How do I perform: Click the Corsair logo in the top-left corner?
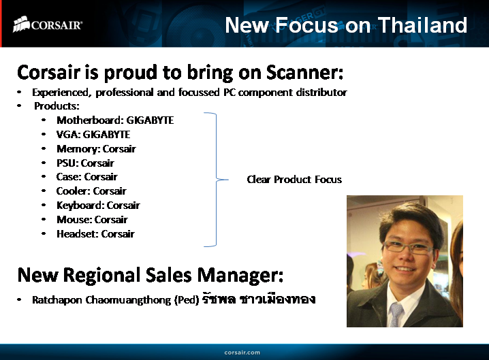point(48,25)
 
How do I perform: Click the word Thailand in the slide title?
point(422,25)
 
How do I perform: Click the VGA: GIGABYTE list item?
point(93,135)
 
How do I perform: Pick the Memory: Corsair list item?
point(96,149)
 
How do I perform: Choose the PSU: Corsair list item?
point(85,163)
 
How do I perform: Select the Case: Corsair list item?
point(86,177)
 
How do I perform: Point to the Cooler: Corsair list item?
point(91,191)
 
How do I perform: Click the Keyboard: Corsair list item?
point(98,206)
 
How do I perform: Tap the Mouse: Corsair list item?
point(92,220)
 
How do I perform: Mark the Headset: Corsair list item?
point(95,234)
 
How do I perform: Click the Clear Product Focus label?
point(294,180)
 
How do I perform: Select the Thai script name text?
point(259,299)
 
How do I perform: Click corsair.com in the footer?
point(242,352)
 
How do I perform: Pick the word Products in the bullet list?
point(57,106)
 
